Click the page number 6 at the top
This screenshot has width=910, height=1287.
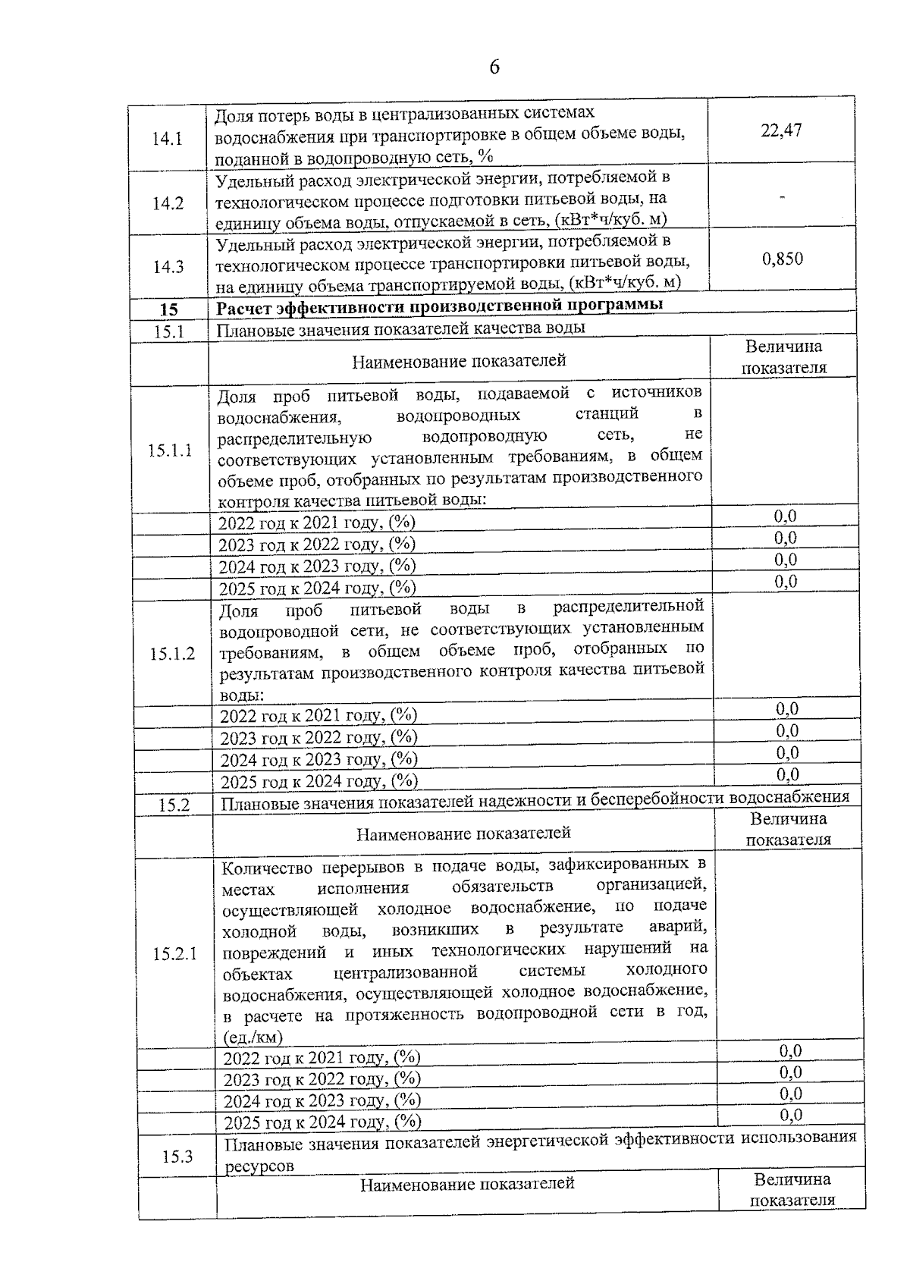[x=494, y=67]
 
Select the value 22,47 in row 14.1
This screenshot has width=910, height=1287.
[x=781, y=130]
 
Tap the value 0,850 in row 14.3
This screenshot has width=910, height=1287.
[x=782, y=259]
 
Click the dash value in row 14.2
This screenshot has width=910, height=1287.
[x=782, y=197]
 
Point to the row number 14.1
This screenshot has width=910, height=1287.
[x=168, y=140]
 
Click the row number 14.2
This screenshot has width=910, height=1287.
[x=168, y=204]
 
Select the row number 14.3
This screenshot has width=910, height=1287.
[x=168, y=267]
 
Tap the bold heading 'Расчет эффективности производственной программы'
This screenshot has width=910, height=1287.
[x=440, y=306]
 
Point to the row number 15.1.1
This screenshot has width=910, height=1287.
[x=170, y=450]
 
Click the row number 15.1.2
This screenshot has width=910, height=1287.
[x=172, y=654]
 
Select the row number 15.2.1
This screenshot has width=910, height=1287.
[x=174, y=954]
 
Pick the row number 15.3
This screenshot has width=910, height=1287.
[x=177, y=1157]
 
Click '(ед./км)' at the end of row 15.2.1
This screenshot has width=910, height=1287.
[x=253, y=1037]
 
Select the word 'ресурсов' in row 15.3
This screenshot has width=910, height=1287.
[x=259, y=1167]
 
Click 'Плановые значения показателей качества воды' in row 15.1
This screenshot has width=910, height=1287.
[x=401, y=329]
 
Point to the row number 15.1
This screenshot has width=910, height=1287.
[x=169, y=332]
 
